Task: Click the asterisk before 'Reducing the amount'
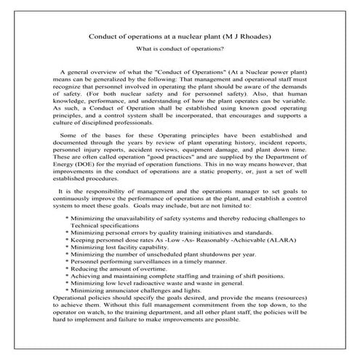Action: pyautogui.click(x=67, y=268)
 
